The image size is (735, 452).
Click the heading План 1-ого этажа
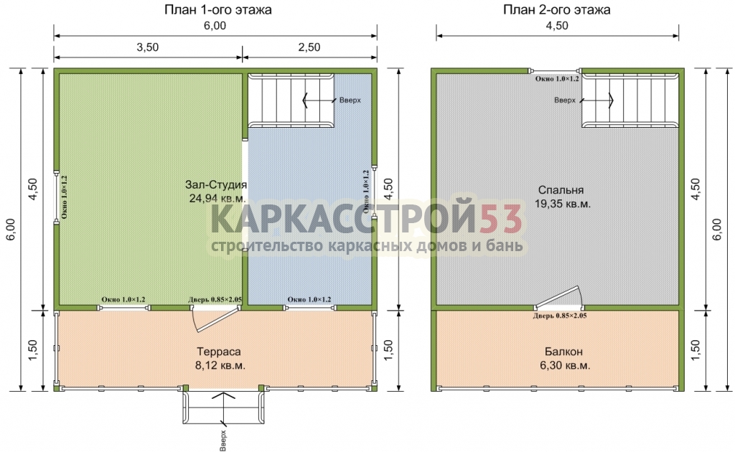coord(218,10)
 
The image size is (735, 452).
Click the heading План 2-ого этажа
coord(557,10)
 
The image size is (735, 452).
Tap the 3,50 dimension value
coord(148,47)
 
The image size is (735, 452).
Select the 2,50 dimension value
coord(309,47)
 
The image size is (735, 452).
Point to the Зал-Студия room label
coord(216,184)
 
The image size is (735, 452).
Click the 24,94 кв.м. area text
coord(217,198)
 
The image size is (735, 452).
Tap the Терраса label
coord(219,352)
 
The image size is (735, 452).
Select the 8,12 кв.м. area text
coord(220,365)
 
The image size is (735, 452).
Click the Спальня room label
coord(561,190)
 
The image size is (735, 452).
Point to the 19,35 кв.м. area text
coord(563,204)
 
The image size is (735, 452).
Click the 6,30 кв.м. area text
coord(565,365)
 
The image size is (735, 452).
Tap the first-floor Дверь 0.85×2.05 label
coord(215,300)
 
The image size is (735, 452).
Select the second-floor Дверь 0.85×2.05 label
coord(560,316)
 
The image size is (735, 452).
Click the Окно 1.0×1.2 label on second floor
coord(557,79)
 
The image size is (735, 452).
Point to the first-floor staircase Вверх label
coord(350,100)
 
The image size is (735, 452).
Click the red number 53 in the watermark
coord(500,219)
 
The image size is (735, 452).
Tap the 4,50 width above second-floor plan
coord(557,26)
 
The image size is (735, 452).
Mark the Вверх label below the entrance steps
coord(223,441)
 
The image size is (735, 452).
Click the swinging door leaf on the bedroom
coord(556,298)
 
